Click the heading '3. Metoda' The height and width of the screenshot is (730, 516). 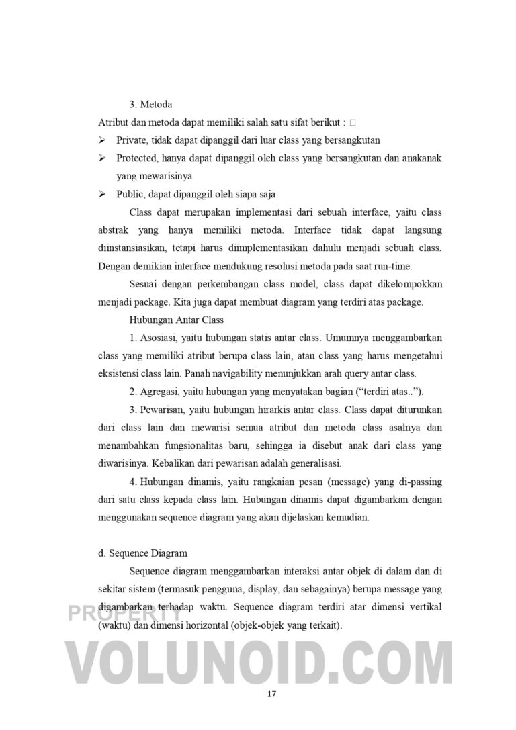pos(150,105)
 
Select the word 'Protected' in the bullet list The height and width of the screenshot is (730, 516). pos(136,158)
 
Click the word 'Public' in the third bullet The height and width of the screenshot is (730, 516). pos(130,195)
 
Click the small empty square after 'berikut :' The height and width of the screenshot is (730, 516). pos(353,123)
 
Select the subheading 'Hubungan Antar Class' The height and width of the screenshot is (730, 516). pos(176,320)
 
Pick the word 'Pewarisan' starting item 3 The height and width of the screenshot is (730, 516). pos(162,410)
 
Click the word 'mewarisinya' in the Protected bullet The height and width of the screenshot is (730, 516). pos(154,177)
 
